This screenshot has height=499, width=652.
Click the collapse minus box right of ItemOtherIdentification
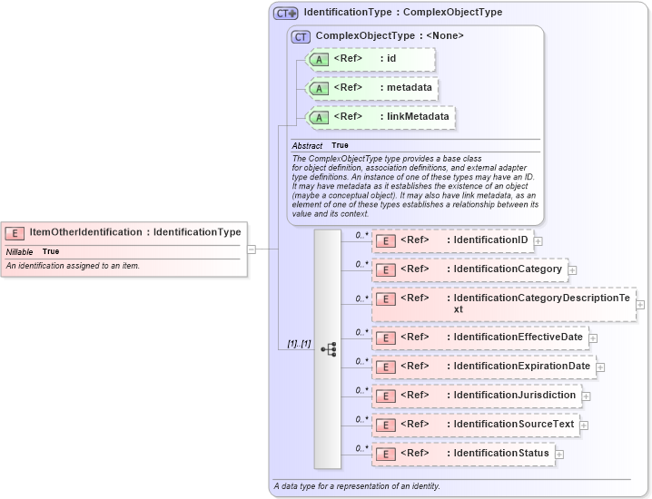[x=252, y=249]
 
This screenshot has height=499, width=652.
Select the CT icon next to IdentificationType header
[x=286, y=13]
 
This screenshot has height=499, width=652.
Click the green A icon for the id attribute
[x=318, y=59]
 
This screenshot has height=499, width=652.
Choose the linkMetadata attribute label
[x=417, y=116]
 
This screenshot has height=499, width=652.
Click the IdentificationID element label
[x=490, y=240]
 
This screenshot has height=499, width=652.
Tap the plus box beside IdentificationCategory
[x=572, y=269]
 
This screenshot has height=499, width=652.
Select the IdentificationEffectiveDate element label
[x=518, y=337]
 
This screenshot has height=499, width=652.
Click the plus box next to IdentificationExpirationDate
[x=600, y=367]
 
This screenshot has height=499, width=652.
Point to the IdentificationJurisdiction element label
[x=514, y=395]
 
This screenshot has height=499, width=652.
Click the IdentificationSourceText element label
[x=513, y=424]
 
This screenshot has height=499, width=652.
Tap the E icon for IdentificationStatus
[x=385, y=454]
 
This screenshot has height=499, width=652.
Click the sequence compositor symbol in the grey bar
[x=328, y=348]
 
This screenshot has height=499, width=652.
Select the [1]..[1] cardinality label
[x=299, y=344]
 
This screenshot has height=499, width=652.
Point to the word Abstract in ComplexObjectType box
[x=307, y=146]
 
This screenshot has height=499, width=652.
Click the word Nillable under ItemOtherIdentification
[x=20, y=251]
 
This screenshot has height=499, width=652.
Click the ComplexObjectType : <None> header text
[x=390, y=36]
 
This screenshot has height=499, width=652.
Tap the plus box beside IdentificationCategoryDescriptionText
[x=640, y=304]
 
